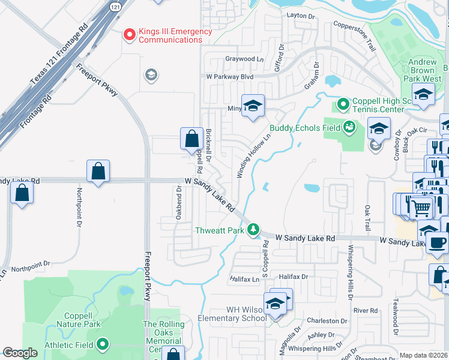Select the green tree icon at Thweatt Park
(253, 229)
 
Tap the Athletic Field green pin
(103, 344)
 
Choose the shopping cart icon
(422, 208)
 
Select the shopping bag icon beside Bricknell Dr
(191, 139)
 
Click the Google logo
(20, 353)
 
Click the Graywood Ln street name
(244, 59)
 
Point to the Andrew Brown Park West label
(424, 70)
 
